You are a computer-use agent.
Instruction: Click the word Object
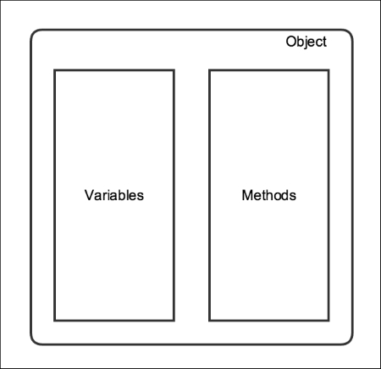[306, 42]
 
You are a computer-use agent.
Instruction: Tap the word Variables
[114, 195]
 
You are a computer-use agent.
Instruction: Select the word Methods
[269, 195]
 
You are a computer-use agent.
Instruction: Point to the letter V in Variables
[89, 195]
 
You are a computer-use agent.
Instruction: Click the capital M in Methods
[247, 195]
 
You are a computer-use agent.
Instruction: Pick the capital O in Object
[291, 42]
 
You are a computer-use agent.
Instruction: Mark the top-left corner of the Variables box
[55, 70]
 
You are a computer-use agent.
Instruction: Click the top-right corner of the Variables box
[174, 70]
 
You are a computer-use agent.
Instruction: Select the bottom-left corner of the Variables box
[55, 321]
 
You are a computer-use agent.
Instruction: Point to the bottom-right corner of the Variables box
[174, 321]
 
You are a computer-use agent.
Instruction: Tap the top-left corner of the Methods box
[209, 70]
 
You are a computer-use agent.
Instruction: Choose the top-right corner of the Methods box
[329, 70]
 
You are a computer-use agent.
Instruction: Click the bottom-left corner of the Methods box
[209, 321]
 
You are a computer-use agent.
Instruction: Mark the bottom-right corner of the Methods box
[329, 321]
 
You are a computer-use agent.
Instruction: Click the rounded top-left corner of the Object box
[34, 32]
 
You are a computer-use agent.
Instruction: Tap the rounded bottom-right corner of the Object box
[350, 341]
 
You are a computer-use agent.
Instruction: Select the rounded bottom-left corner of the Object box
[34, 341]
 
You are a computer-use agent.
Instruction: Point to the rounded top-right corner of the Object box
[350, 32]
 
